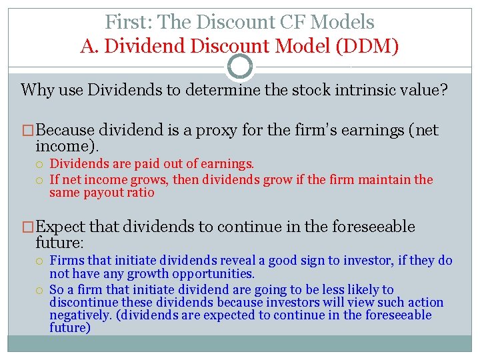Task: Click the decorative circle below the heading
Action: pos(240,67)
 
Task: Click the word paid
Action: pos(144,163)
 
